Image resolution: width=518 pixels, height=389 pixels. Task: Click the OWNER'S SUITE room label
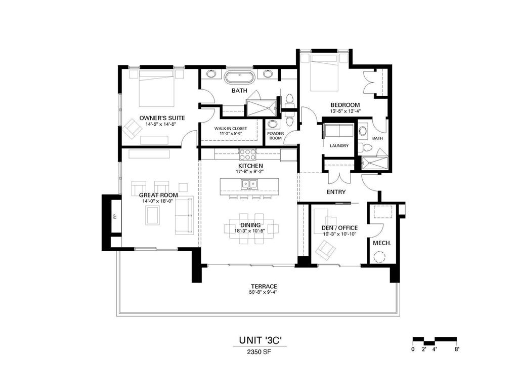click(x=158, y=118)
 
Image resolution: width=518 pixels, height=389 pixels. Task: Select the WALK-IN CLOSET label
click(x=231, y=129)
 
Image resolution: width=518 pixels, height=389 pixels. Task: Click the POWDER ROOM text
click(x=276, y=136)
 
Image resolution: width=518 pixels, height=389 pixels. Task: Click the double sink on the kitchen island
click(x=250, y=184)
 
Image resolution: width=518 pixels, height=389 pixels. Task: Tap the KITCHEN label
click(x=250, y=166)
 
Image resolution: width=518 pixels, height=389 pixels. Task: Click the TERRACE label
click(x=263, y=286)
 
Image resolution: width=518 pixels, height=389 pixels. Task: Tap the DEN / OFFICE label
click(x=339, y=228)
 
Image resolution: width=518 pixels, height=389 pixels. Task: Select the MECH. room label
click(x=382, y=243)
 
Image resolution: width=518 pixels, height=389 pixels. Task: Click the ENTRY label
click(x=336, y=192)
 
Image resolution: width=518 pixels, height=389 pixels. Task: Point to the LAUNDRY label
click(x=339, y=146)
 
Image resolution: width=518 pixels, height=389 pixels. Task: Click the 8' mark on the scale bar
click(x=457, y=349)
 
